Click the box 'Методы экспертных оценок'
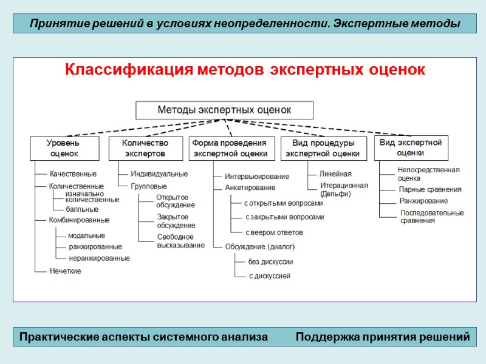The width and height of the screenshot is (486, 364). pyautogui.click(x=224, y=110)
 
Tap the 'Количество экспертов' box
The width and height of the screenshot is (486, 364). pyautogui.click(x=145, y=148)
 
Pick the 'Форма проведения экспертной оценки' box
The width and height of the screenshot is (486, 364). pyautogui.click(x=229, y=148)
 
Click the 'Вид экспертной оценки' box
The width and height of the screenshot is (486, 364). pyautogui.click(x=411, y=147)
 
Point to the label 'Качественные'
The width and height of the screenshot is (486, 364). pyautogui.click(x=73, y=174)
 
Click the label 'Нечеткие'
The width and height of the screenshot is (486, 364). pyautogui.click(x=66, y=271)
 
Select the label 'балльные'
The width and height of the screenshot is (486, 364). pyautogui.click(x=81, y=209)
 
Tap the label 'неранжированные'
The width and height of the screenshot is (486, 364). pyautogui.click(x=99, y=258)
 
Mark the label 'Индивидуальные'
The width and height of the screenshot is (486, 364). pyautogui.click(x=159, y=174)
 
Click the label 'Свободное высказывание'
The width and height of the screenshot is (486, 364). pyautogui.click(x=180, y=241)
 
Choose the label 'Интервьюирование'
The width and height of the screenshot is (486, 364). pyautogui.click(x=257, y=177)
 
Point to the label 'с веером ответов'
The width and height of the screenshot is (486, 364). pyautogui.click(x=274, y=232)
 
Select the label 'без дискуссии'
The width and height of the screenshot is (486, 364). pyautogui.click(x=271, y=262)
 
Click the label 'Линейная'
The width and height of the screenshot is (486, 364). pyautogui.click(x=335, y=174)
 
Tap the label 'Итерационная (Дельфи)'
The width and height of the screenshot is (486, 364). pyautogui.click(x=344, y=189)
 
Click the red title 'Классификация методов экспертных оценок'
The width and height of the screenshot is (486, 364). pyautogui.click(x=245, y=70)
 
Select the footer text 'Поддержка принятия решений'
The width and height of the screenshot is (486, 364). pyautogui.click(x=383, y=337)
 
